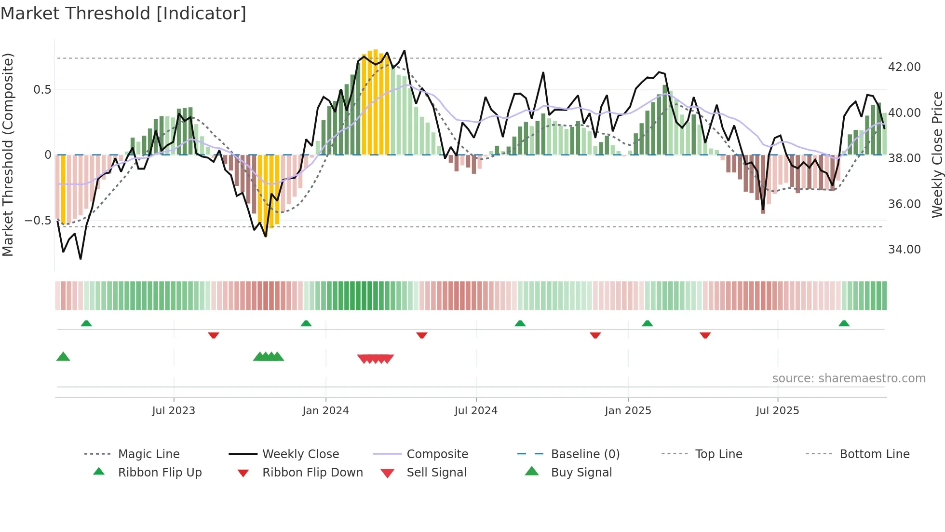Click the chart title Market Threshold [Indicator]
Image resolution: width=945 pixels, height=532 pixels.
(123, 14)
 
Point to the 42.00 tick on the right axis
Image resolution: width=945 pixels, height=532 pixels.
(904, 67)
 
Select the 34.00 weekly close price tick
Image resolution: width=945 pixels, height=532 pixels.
(904, 250)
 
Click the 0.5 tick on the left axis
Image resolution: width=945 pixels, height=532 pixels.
(42, 90)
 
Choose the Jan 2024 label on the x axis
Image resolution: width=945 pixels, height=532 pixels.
(325, 411)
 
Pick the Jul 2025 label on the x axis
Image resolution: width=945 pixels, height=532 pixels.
(777, 411)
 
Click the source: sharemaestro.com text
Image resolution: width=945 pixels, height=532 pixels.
(849, 378)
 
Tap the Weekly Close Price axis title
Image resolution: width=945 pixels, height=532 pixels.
(937, 154)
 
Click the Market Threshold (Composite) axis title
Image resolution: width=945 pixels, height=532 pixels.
(8, 154)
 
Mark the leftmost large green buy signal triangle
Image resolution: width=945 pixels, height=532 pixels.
(63, 357)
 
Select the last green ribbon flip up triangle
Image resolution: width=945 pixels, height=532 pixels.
(844, 323)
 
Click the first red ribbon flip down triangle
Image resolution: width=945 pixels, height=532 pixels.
(214, 335)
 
